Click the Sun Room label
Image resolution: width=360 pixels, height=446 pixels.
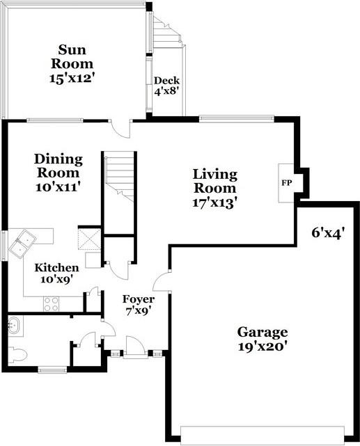click(72, 56)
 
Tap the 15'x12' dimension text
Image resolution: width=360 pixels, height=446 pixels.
click(72, 78)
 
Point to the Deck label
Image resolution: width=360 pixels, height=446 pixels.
click(166, 81)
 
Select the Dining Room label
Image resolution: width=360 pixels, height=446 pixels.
click(58, 166)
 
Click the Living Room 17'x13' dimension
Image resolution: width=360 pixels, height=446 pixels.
click(215, 203)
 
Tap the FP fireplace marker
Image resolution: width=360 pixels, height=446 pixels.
click(287, 183)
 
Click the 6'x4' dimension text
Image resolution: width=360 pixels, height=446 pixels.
click(328, 233)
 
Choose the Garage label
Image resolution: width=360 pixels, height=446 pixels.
click(263, 333)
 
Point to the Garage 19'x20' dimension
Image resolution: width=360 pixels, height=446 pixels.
click(262, 347)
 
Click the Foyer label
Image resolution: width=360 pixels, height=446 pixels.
click(139, 299)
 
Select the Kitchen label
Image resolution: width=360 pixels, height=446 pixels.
click(57, 268)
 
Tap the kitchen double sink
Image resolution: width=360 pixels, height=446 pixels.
click(22, 244)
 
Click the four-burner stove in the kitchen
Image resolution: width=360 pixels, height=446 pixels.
click(52, 304)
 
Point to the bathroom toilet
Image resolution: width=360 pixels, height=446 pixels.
click(17, 354)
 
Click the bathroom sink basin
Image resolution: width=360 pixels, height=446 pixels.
click(14, 326)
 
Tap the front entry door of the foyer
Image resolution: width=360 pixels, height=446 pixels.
click(136, 347)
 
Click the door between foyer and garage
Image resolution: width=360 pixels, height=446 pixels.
click(162, 282)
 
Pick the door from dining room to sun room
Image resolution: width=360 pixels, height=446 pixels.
click(120, 129)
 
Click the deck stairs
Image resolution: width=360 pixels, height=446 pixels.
click(167, 32)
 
